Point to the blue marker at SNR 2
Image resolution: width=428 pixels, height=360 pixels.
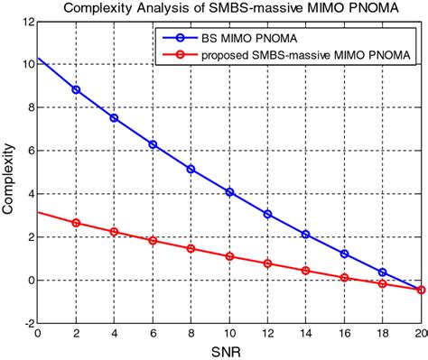click(x=75, y=90)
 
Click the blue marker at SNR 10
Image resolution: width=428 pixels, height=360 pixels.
click(x=229, y=192)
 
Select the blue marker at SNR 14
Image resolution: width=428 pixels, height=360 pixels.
click(x=306, y=235)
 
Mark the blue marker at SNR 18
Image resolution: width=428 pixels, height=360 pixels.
click(x=383, y=272)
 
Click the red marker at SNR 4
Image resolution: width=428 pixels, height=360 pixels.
click(x=114, y=232)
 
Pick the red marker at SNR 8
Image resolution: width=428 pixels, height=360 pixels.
click(x=191, y=248)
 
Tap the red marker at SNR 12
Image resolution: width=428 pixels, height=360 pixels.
click(x=267, y=263)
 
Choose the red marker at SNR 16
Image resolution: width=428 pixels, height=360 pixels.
click(x=344, y=278)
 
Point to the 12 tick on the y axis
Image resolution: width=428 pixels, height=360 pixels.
click(x=27, y=22)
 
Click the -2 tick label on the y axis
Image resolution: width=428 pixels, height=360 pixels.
click(x=27, y=323)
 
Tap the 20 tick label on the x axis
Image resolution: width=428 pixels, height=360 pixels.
click(x=420, y=333)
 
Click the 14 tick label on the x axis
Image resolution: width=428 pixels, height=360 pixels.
click(x=306, y=333)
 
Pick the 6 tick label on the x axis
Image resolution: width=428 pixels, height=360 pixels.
click(x=153, y=333)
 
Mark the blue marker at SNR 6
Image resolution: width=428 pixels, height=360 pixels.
click(x=153, y=144)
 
